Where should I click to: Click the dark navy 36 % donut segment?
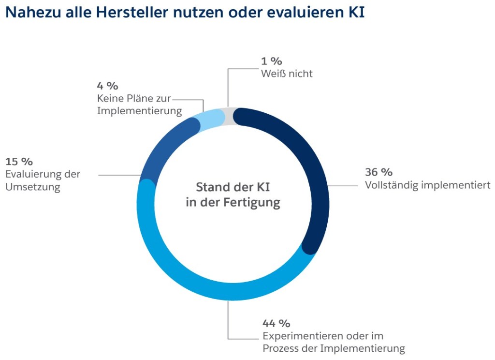click(317, 179)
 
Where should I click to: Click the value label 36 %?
click(379, 172)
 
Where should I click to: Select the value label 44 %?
click(276, 323)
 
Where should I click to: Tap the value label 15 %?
click(19, 161)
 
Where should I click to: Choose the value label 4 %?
click(107, 86)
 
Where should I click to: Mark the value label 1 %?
click(271, 61)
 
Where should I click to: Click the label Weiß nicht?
click(287, 74)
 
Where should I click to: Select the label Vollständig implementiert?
click(428, 185)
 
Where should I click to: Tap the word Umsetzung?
click(32, 187)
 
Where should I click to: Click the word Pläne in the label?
click(141, 99)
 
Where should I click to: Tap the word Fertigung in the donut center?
click(251, 202)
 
